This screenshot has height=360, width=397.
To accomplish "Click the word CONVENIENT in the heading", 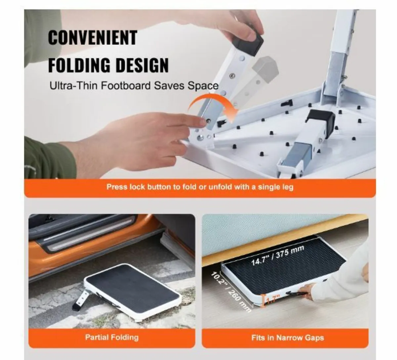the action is (92, 38).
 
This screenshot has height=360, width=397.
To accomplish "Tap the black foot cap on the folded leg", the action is (320, 123).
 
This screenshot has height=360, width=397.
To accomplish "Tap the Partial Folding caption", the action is (112, 337).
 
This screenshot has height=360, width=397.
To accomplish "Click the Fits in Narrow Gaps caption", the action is (287, 337).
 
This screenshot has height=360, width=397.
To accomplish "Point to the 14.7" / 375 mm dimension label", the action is (278, 255).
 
